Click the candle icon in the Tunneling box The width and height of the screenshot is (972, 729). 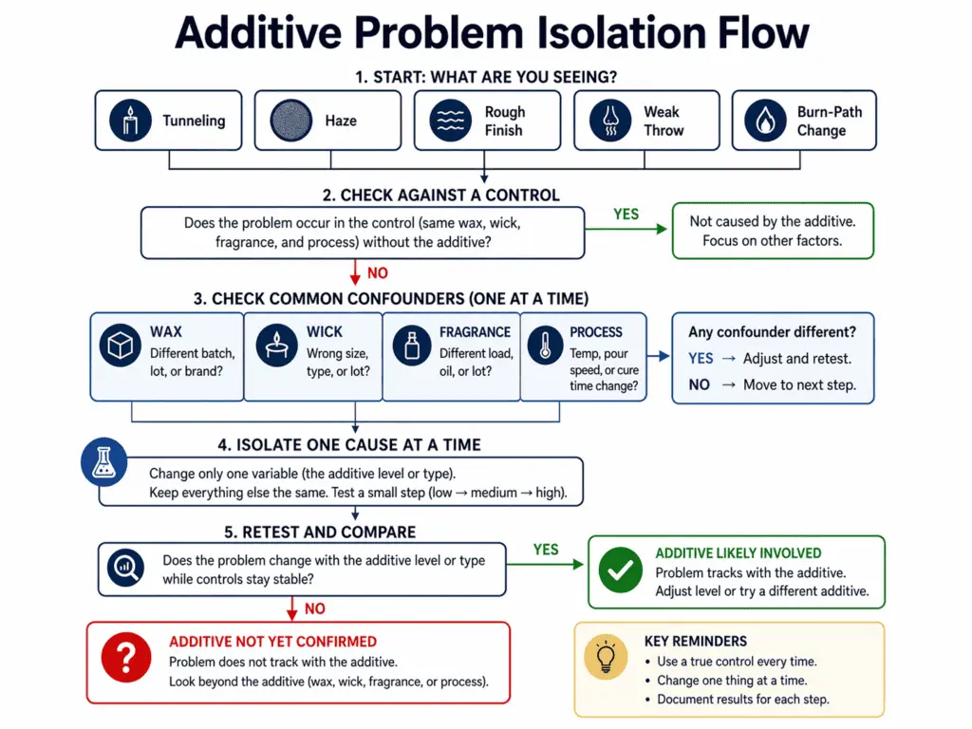point(130,121)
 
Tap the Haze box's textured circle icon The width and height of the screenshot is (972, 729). point(290,121)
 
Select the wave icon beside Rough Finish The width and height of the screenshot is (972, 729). point(449,121)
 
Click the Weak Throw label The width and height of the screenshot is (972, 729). point(663,121)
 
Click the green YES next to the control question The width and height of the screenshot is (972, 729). point(626,215)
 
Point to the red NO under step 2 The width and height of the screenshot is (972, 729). point(378,273)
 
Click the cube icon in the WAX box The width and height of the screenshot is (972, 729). point(121,347)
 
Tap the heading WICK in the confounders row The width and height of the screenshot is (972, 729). point(325,332)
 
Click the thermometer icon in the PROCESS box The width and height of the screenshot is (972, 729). point(545,347)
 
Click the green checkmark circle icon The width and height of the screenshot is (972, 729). point(620,571)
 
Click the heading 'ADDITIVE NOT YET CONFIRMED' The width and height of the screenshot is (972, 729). point(272,642)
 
